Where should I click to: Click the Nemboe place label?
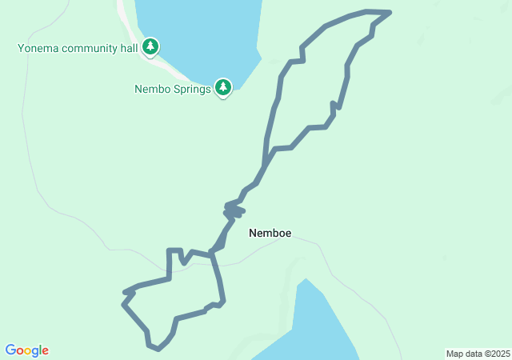tap(270, 234)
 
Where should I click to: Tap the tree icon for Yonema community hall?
tap(150, 47)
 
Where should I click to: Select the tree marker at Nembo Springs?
tap(223, 86)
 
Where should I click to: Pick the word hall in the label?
tap(130, 48)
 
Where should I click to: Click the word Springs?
tap(193, 90)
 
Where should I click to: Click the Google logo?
tap(27, 350)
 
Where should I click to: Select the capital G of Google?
tap(10, 350)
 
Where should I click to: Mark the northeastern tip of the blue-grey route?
tap(390, 12)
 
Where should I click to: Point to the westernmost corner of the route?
tap(123, 304)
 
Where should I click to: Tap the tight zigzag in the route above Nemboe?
tap(234, 211)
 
